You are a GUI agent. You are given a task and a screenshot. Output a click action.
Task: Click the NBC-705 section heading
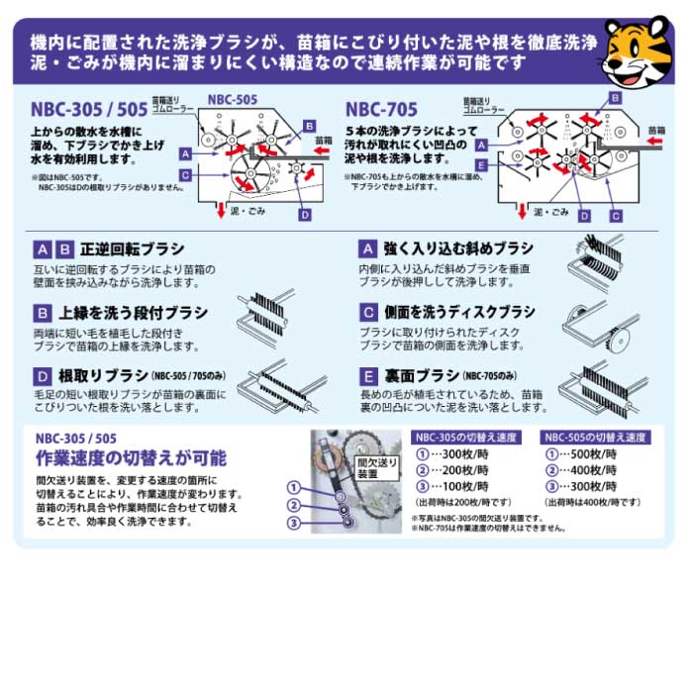point(382,109)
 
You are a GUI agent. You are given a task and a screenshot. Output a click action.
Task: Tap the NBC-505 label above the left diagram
point(233,99)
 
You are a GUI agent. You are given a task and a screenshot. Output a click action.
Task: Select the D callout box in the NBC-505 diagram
point(305,215)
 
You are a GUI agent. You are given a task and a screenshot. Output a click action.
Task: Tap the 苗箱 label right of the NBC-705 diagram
point(656,130)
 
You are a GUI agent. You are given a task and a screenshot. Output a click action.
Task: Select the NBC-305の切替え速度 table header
point(465,437)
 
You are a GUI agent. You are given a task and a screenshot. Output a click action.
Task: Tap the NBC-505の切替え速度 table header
point(595,437)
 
